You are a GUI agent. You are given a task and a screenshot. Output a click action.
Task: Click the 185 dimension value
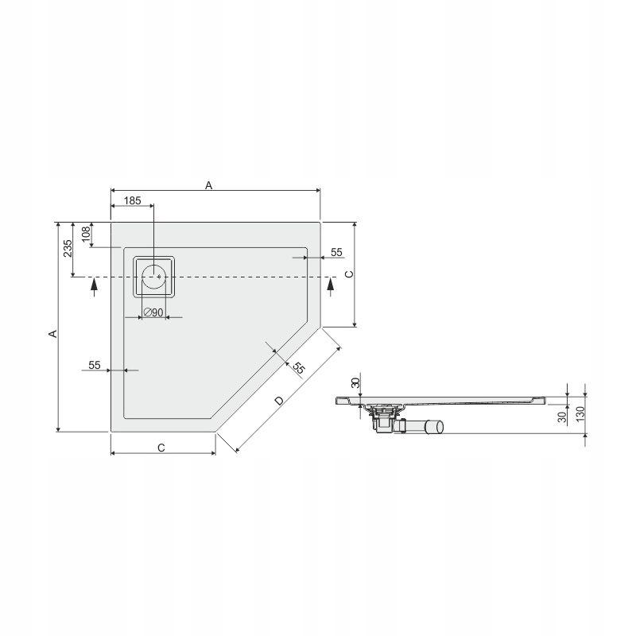[x=133, y=202]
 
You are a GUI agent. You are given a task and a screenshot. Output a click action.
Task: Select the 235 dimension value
[x=68, y=248]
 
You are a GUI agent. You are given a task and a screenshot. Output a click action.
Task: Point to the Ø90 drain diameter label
[x=153, y=312]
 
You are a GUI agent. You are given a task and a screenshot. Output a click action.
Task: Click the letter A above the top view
[x=209, y=184]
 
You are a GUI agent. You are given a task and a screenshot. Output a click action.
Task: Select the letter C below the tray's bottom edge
[x=161, y=448]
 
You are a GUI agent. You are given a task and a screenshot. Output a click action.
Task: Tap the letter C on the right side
[x=347, y=273]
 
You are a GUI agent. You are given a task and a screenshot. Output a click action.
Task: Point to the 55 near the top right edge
[x=336, y=252]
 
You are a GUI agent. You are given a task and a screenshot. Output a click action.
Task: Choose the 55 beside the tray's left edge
[x=95, y=365]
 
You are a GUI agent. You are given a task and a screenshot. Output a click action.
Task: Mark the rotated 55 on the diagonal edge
[x=298, y=368]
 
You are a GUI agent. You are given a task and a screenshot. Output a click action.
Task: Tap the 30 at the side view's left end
[x=355, y=382]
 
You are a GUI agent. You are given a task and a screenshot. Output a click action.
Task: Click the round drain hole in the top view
[x=153, y=277]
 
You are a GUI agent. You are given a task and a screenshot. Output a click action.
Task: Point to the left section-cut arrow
[x=94, y=285]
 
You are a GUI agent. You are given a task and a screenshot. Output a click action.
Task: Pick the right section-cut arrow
[x=331, y=285]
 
